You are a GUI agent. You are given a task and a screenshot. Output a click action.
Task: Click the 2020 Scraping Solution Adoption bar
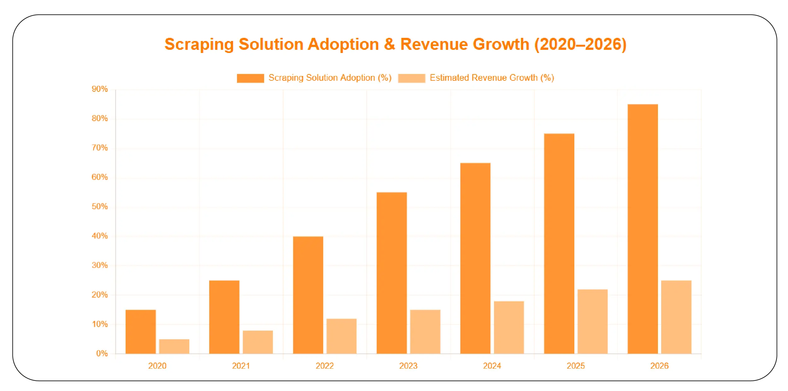pyautogui.click(x=140, y=332)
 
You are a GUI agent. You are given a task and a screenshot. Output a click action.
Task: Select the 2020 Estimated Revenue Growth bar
pyautogui.click(x=174, y=346)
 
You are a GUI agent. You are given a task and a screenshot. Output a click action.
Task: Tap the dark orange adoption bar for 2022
pyautogui.click(x=308, y=295)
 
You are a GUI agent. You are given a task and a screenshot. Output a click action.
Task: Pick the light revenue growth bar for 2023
pyautogui.click(x=425, y=332)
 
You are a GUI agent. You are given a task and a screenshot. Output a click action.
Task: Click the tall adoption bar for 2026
pyautogui.click(x=643, y=229)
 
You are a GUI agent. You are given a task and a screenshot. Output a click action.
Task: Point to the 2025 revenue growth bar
pyautogui.click(x=592, y=321)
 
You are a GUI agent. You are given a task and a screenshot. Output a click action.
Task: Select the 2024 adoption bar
pyautogui.click(x=475, y=258)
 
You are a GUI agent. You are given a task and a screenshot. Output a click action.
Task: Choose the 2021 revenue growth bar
pyautogui.click(x=258, y=342)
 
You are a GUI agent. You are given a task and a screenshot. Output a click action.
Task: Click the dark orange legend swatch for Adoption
pyautogui.click(x=250, y=78)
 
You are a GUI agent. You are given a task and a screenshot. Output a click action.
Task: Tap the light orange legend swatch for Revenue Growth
pyautogui.click(x=412, y=78)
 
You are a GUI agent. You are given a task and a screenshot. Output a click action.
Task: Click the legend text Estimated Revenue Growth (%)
pyautogui.click(x=492, y=78)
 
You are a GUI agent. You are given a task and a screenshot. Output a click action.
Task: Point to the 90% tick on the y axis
pyautogui.click(x=100, y=89)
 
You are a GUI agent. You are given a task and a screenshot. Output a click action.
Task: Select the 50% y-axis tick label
pyautogui.click(x=100, y=207)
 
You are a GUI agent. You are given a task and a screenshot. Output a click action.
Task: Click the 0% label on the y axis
pyautogui.click(x=102, y=353)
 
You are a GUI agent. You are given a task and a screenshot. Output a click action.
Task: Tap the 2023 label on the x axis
pyautogui.click(x=408, y=366)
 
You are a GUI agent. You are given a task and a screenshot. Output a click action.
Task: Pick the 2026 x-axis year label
pyautogui.click(x=659, y=366)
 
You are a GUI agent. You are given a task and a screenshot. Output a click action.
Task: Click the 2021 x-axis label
pyautogui.click(x=241, y=366)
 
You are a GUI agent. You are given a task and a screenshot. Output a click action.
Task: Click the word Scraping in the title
pyautogui.click(x=199, y=44)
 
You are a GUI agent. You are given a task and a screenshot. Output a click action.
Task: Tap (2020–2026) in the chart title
pyautogui.click(x=580, y=44)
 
